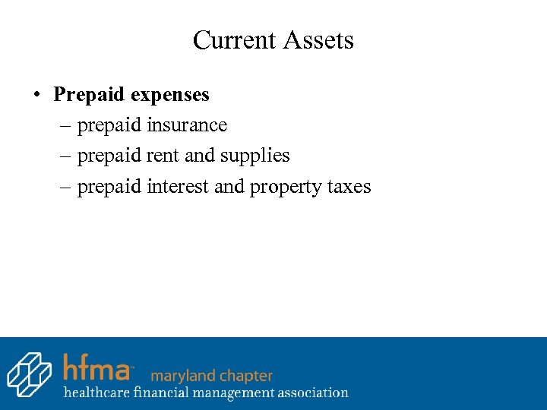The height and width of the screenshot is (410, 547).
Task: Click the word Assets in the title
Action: pyautogui.click(x=319, y=39)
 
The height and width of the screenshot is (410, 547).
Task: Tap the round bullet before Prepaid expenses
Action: pyautogui.click(x=36, y=96)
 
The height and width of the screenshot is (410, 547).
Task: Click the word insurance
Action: pyautogui.click(x=187, y=125)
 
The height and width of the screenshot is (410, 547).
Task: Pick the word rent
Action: pyautogui.click(x=163, y=156)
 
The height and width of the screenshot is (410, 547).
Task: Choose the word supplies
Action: pyautogui.click(x=255, y=156)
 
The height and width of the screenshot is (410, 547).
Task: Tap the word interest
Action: pyautogui.click(x=178, y=187)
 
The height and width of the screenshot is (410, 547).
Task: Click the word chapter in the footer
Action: pyautogui.click(x=244, y=376)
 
